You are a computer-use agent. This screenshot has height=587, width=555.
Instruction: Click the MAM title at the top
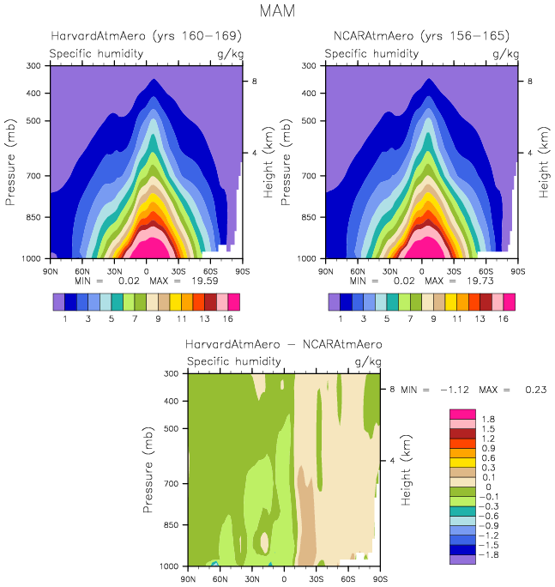278,12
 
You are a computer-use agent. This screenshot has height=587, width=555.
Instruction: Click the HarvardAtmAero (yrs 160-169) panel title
146,36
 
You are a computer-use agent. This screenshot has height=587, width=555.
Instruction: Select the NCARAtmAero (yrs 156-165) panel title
421,36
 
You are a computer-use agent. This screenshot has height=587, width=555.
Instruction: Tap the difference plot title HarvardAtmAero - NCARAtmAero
284,344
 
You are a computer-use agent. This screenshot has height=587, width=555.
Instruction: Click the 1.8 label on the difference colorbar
486,419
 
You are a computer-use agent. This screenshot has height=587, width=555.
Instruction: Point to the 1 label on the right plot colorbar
341,318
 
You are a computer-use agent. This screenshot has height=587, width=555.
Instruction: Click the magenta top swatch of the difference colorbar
461,415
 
